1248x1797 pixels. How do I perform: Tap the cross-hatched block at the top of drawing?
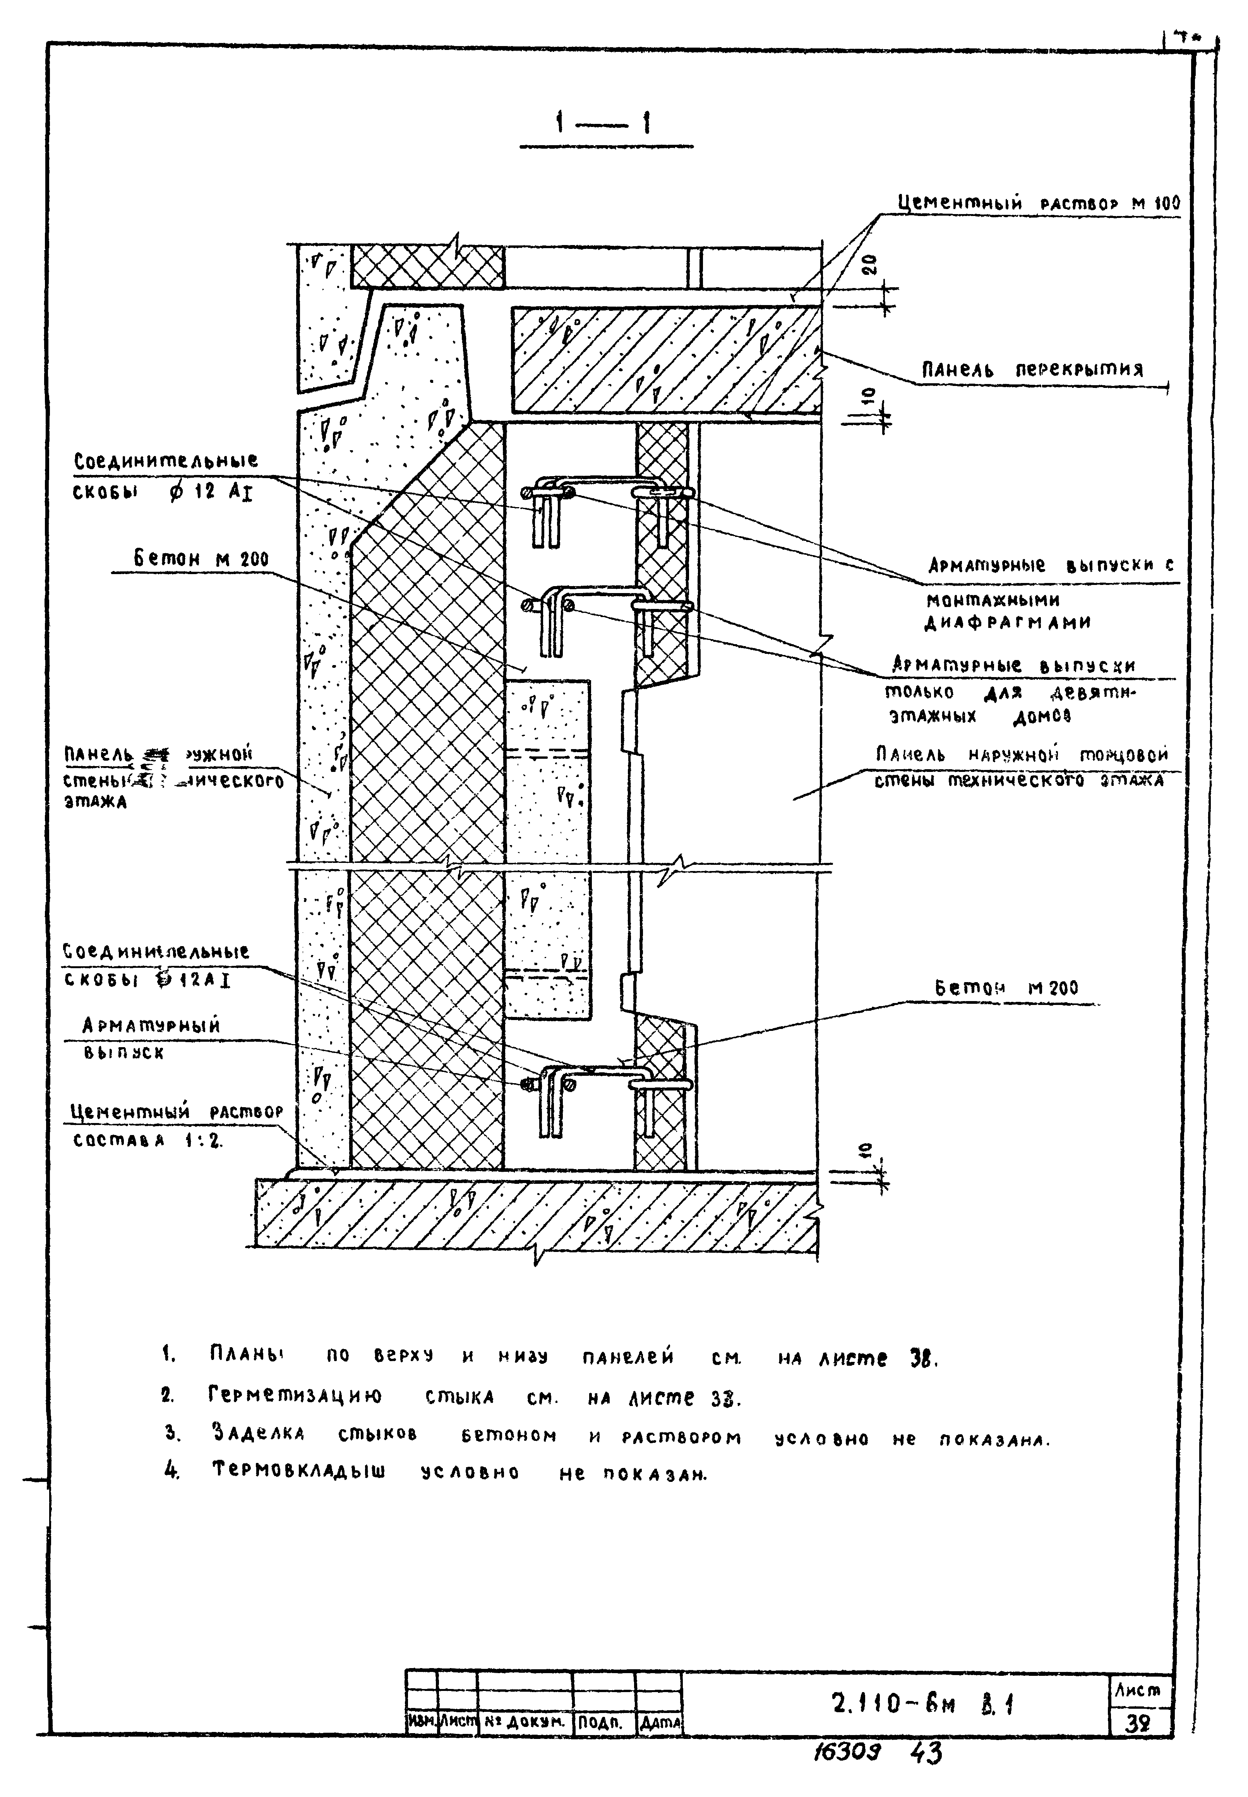(x=427, y=266)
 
